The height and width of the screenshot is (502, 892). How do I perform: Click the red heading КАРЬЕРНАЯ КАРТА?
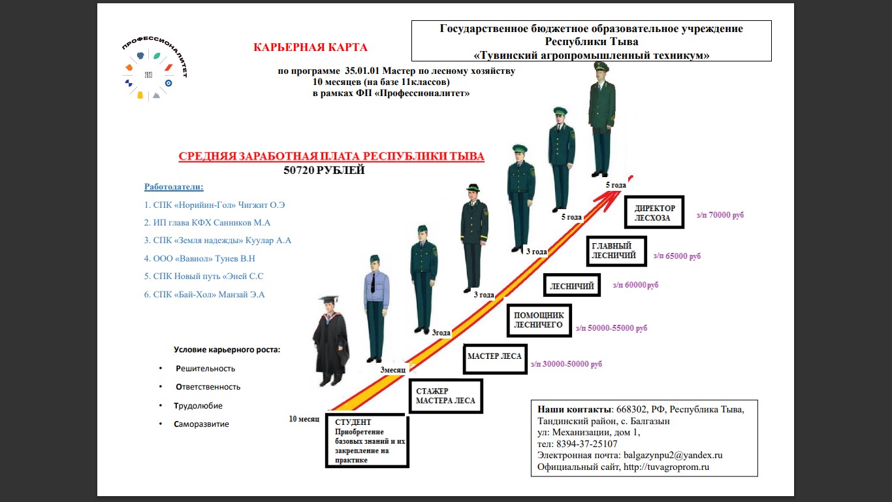pyautogui.click(x=310, y=48)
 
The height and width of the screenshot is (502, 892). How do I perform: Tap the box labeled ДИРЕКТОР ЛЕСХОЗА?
pyautogui.click(x=654, y=212)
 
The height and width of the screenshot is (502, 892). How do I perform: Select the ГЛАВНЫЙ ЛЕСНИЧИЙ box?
pyautogui.click(x=616, y=251)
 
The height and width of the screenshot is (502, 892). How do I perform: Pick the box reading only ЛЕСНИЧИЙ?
pyautogui.click(x=572, y=286)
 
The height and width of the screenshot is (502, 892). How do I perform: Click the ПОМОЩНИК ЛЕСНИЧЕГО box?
pyautogui.click(x=539, y=320)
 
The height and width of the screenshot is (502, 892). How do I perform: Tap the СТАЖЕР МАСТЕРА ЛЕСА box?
pyautogui.click(x=446, y=396)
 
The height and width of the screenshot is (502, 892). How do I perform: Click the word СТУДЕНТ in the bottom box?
pyautogui.click(x=353, y=422)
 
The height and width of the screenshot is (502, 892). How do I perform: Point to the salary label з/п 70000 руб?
pyautogui.click(x=720, y=215)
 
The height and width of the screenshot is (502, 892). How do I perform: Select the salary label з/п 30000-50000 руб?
pyautogui.click(x=566, y=364)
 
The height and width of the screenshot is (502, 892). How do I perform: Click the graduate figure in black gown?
pyautogui.click(x=330, y=341)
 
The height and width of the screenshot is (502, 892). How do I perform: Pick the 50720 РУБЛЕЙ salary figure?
pyautogui.click(x=324, y=170)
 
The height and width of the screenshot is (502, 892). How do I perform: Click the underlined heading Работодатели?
pyautogui.click(x=174, y=186)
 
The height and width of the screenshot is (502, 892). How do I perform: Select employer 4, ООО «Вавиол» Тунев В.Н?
pyautogui.click(x=200, y=258)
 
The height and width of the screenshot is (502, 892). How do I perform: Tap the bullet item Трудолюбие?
pyautogui.click(x=198, y=406)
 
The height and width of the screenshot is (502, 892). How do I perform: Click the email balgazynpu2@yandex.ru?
pyautogui.click(x=673, y=456)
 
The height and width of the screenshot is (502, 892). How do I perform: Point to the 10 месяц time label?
pyautogui.click(x=304, y=419)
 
